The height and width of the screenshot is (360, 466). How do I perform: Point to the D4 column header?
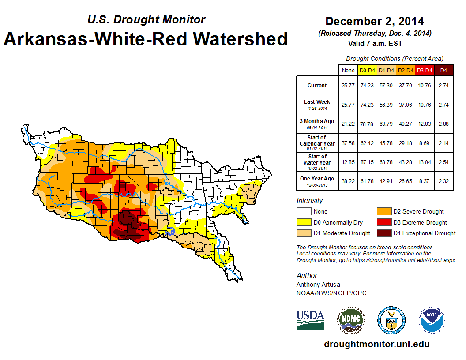coord(443,70)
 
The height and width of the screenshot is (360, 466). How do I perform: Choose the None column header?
coord(348,70)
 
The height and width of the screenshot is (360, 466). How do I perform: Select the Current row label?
coord(317,86)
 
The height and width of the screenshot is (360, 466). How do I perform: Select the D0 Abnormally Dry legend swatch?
coord(303,222)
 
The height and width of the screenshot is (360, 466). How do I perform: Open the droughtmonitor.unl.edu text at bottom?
coord(376,344)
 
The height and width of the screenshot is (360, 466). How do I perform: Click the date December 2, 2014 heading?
coord(375,21)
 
